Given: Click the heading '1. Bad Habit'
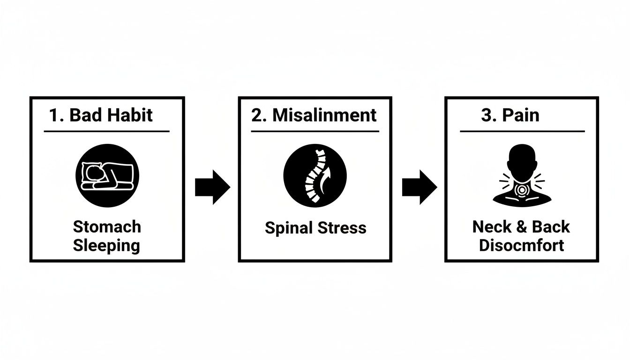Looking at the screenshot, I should coord(101,115).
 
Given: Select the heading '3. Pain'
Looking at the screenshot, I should coord(510,115).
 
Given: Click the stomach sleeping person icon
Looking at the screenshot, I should coord(107,176).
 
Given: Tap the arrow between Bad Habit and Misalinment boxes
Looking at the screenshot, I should coord(212,187).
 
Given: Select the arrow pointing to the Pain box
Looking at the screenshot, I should coord(420,187).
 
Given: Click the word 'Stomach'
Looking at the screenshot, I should coord(107,227).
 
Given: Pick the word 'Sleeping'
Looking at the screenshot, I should coord(107,246).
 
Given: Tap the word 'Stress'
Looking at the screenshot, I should coord(342,228).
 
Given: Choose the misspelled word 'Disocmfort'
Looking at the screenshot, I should coord(521,246).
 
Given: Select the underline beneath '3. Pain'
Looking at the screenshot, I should coord(522,131).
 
